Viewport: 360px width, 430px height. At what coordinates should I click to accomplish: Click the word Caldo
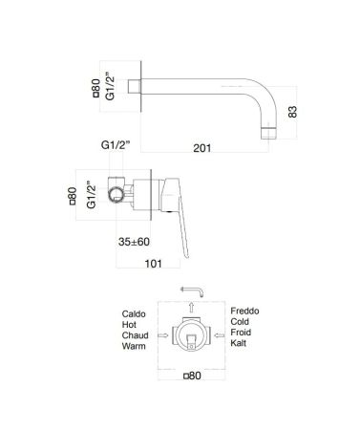pyautogui.click(x=135, y=313)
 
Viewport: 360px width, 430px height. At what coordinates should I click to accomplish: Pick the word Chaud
pyautogui.click(x=136, y=337)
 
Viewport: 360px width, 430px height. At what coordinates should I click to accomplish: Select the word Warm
pyautogui.click(x=135, y=350)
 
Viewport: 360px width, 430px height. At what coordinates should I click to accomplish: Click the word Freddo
pyautogui.click(x=245, y=313)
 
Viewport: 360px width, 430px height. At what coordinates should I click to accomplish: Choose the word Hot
pyautogui.click(x=130, y=326)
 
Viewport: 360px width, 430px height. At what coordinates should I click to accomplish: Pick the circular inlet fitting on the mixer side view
pyautogui.click(x=117, y=195)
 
